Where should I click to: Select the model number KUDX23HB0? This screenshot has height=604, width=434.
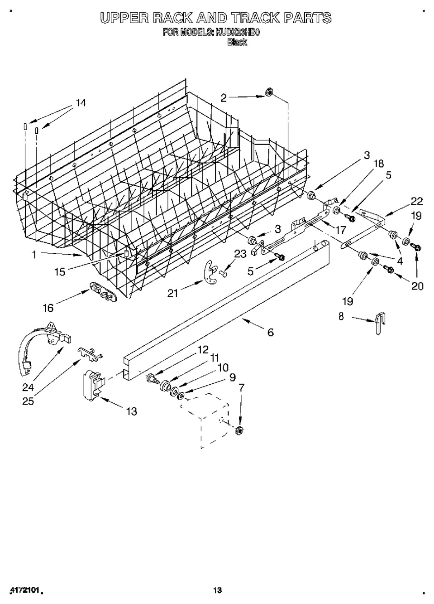(x=238, y=33)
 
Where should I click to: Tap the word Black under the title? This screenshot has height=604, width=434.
(x=237, y=42)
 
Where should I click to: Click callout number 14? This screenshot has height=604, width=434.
(x=80, y=103)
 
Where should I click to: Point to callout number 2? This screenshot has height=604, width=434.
(x=224, y=97)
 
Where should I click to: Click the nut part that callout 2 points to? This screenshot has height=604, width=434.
(x=268, y=93)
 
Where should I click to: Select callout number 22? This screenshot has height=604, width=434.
(x=416, y=201)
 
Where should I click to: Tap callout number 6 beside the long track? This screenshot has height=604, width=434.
(x=270, y=332)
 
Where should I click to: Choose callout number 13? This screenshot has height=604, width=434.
(x=131, y=411)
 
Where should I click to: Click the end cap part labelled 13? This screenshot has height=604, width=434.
(x=93, y=385)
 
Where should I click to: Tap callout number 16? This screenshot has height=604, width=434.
(x=48, y=308)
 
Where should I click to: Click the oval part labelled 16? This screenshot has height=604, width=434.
(x=102, y=290)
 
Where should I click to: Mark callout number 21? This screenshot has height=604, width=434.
(x=172, y=293)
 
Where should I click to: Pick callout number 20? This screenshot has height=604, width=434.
(x=417, y=286)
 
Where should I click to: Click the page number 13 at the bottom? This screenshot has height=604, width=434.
(x=217, y=590)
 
